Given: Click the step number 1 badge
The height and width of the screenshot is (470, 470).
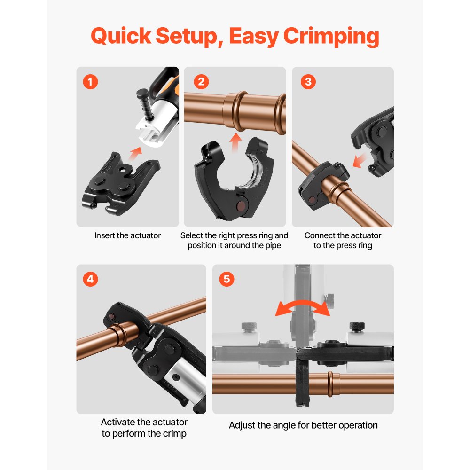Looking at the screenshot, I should [x=90, y=82].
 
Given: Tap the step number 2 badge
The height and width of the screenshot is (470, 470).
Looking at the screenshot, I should [x=201, y=82].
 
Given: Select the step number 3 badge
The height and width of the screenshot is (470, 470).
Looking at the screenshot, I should [x=308, y=82].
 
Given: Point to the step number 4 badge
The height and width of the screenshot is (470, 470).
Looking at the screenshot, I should [x=90, y=279].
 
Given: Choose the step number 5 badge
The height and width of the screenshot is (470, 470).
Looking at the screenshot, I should [x=227, y=279].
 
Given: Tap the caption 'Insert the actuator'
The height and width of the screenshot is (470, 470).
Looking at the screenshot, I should [x=127, y=235].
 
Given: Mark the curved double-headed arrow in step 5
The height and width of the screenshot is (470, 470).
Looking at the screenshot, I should [x=302, y=308].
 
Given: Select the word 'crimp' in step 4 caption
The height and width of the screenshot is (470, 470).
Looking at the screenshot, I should [x=175, y=433].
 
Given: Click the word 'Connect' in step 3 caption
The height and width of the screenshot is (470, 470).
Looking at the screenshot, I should [x=320, y=235].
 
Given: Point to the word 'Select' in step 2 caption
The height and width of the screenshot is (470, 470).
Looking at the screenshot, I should [x=192, y=235].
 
